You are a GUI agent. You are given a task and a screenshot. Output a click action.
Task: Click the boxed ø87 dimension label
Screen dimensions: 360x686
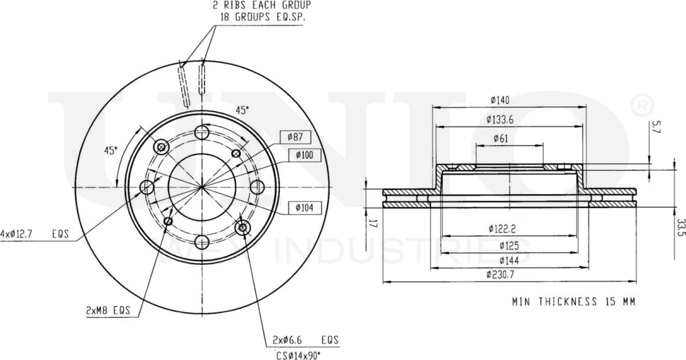coord(295,137)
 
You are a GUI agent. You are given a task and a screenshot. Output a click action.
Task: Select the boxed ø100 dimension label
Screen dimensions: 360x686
coord(304,156)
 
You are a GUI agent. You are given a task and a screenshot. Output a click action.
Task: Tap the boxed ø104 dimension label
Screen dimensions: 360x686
coord(304,207)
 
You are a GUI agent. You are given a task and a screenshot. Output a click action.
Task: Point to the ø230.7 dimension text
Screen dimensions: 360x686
coord(500,274)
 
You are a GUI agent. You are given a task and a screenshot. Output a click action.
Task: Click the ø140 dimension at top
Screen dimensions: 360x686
coord(499,100)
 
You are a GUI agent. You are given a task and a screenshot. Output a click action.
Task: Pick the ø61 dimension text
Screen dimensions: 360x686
coord(500,138)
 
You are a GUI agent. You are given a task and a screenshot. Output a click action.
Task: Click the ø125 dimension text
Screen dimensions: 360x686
coord(500,245)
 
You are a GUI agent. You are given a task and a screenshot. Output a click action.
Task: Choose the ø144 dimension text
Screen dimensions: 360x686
coord(500,260)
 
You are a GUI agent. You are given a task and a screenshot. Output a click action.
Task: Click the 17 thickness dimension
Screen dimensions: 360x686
coord(372,225)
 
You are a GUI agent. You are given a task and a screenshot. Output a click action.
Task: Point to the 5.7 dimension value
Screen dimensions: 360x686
coord(656,126)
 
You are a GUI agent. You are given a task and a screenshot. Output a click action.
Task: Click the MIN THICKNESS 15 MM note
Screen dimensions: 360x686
coord(574,302)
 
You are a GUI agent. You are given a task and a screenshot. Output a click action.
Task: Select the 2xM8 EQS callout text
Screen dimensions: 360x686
coord(108,311)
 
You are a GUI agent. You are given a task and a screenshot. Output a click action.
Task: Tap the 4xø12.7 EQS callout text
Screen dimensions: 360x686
coord(34,235)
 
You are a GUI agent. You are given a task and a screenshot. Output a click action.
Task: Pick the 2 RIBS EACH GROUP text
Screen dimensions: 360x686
coord(262,5)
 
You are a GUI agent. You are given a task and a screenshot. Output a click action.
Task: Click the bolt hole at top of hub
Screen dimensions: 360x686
coord(202,132)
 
